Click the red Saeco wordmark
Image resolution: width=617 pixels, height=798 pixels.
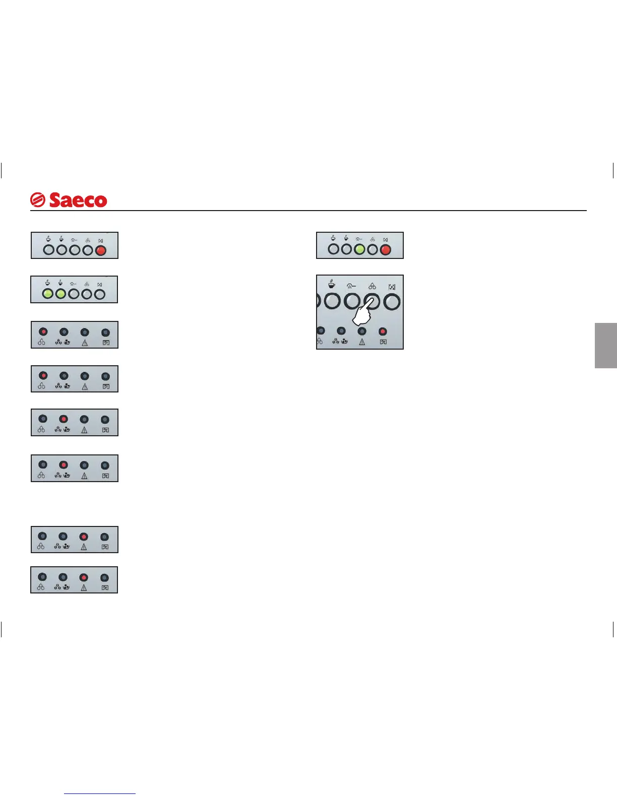click(78, 200)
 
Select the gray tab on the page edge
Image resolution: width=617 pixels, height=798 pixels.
click(606, 346)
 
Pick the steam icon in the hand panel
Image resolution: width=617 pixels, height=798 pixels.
click(351, 286)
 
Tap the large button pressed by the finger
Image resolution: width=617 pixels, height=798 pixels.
click(372, 301)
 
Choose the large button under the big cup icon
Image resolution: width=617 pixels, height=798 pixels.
click(332, 302)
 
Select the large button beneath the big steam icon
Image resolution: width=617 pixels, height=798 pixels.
click(352, 302)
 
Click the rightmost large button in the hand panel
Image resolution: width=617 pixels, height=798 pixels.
click(392, 302)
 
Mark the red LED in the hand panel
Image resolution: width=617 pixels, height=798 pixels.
click(383, 331)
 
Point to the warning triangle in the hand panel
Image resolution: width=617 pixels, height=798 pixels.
click(362, 342)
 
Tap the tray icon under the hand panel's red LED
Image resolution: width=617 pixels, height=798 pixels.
click(383, 342)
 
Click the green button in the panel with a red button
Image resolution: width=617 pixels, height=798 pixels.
click(359, 249)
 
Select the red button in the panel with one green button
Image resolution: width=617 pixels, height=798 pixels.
click(386, 249)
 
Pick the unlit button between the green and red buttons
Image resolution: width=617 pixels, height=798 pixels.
click(373, 249)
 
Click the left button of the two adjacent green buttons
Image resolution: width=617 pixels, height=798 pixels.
click(47, 294)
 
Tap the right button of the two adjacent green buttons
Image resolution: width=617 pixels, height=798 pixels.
click(60, 294)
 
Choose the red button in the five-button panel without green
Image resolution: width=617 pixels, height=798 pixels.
click(101, 249)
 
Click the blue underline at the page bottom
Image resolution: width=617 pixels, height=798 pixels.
click(100, 794)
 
